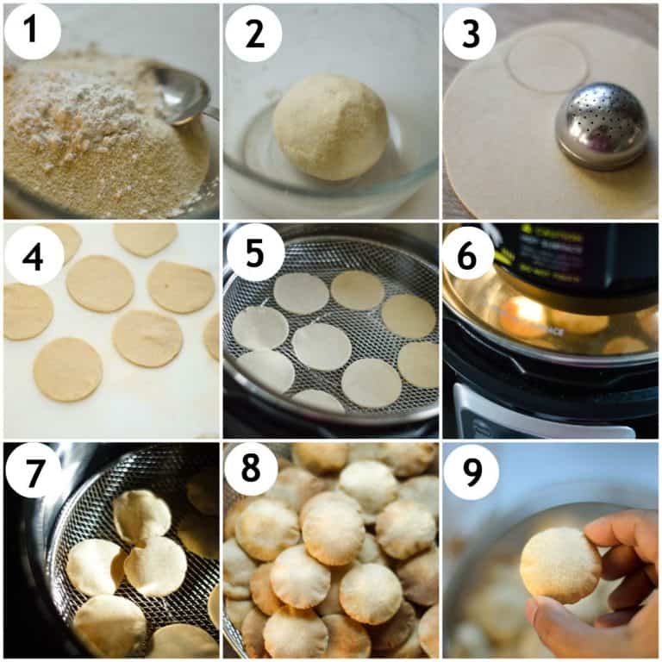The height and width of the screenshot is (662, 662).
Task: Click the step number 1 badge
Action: tap(32, 32)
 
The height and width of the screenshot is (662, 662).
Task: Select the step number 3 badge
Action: tap(470, 32)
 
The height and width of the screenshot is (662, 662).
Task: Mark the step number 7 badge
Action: tap(32, 472)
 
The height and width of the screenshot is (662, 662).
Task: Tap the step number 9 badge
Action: tap(472, 472)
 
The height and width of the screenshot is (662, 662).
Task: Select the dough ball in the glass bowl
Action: tap(330, 126)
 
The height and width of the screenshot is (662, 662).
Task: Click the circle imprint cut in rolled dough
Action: tap(547, 63)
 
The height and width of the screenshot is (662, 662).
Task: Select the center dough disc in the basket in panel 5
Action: tap(322, 346)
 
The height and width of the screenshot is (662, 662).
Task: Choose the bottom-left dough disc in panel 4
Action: tap(67, 368)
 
